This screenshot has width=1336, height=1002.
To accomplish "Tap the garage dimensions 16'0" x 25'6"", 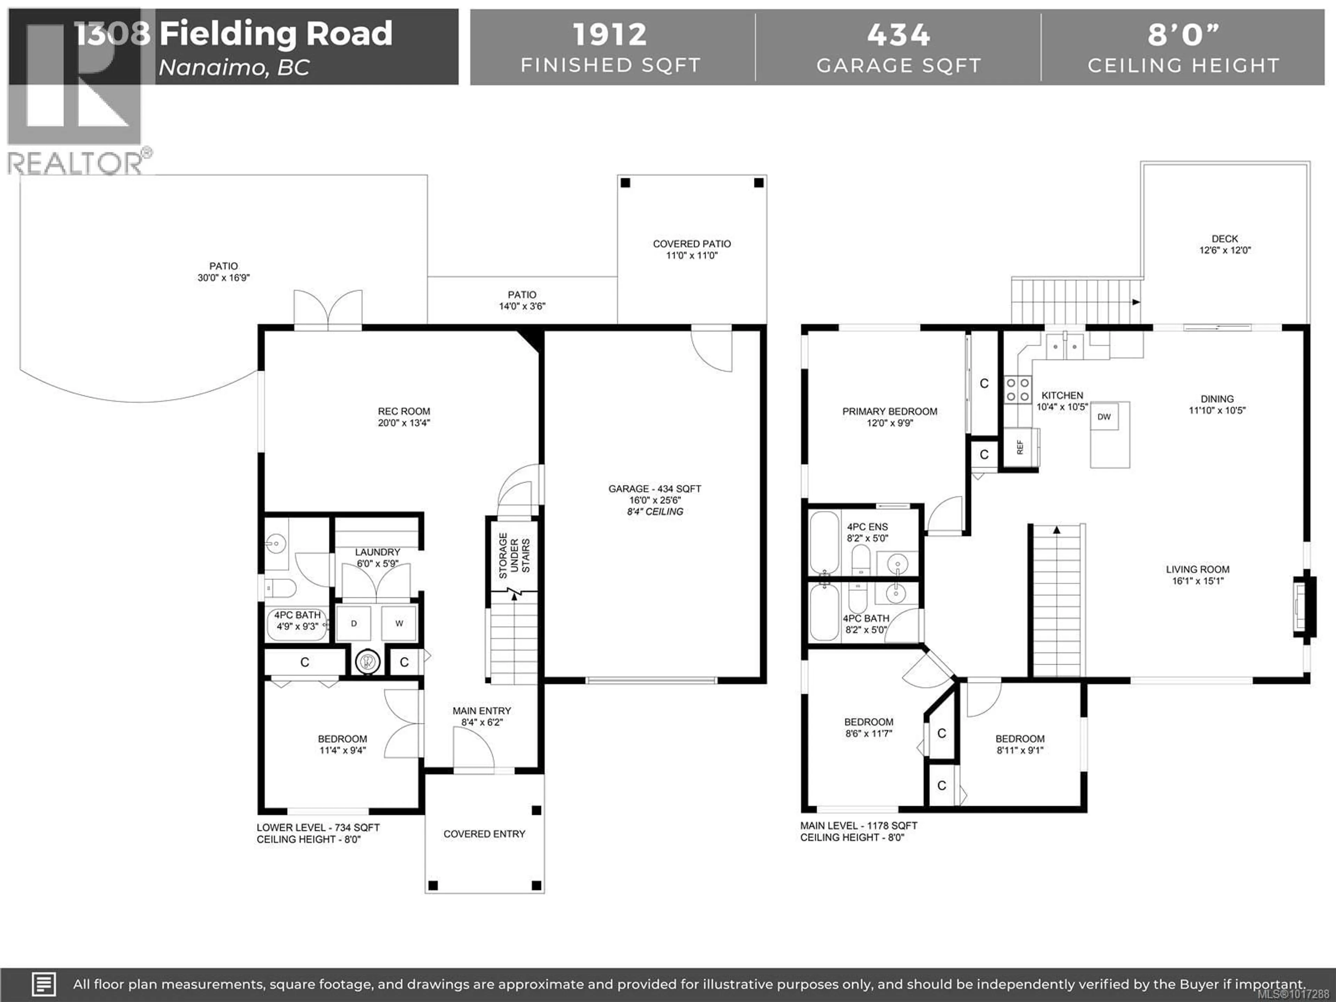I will click(x=655, y=500).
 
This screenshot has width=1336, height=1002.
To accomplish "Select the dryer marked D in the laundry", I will click(x=354, y=623).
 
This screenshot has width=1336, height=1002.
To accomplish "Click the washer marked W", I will click(x=399, y=623).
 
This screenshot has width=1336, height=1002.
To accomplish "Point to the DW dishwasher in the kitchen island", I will click(x=1104, y=417).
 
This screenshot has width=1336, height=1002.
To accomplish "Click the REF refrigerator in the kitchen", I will click(x=1020, y=447).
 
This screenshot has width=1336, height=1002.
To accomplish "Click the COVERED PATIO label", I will click(x=692, y=244).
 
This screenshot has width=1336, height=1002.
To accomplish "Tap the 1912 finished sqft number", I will click(x=610, y=34).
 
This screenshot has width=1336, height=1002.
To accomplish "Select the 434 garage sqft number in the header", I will click(x=898, y=34).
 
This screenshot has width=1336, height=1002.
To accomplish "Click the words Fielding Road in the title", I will click(x=276, y=33).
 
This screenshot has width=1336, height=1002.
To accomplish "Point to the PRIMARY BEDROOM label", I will click(x=890, y=411).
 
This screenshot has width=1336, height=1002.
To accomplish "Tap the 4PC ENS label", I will click(x=867, y=527).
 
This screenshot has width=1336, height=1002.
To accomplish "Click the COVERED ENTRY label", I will click(x=484, y=834).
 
